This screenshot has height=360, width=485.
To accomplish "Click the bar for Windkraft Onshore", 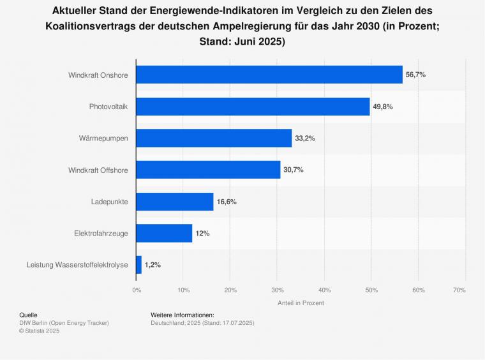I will (269, 75).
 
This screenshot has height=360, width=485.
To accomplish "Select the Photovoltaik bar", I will (253, 107).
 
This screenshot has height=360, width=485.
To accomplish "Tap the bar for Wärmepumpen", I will (214, 138).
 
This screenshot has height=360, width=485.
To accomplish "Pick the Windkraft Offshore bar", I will (208, 170).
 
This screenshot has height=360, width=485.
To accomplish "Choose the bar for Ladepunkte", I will (175, 202).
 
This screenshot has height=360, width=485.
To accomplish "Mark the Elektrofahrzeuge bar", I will (164, 233).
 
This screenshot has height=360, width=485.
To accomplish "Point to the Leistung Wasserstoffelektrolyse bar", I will (139, 265).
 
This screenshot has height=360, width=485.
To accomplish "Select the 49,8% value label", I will (383, 107).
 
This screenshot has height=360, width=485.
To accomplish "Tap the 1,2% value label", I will (153, 265).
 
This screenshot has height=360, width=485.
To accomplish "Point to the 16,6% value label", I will (227, 202).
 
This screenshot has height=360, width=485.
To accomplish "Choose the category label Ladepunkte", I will (109, 202).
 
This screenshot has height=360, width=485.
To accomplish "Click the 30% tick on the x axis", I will (277, 290).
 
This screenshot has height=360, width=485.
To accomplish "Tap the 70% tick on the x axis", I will (459, 290).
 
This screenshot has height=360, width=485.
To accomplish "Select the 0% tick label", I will (137, 290).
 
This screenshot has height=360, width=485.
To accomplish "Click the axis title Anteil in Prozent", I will (301, 303).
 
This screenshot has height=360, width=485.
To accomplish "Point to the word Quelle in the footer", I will (28, 315).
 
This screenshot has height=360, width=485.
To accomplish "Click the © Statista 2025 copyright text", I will (40, 331).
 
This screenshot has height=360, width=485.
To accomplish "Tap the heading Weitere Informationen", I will (183, 315).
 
